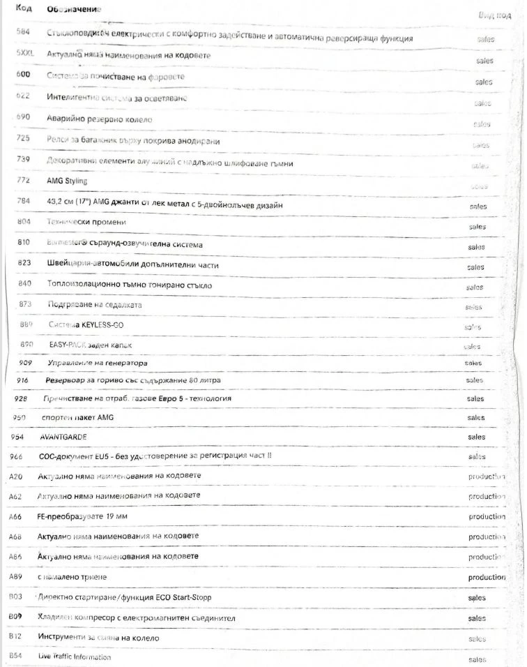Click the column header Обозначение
[73, 10]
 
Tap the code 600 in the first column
[23, 75]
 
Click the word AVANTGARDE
[63, 437]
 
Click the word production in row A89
[487, 578]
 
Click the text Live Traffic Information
[75, 657]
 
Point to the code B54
[15, 657]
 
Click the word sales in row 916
[475, 380]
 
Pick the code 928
[20, 398]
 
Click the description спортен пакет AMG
[77, 417]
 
